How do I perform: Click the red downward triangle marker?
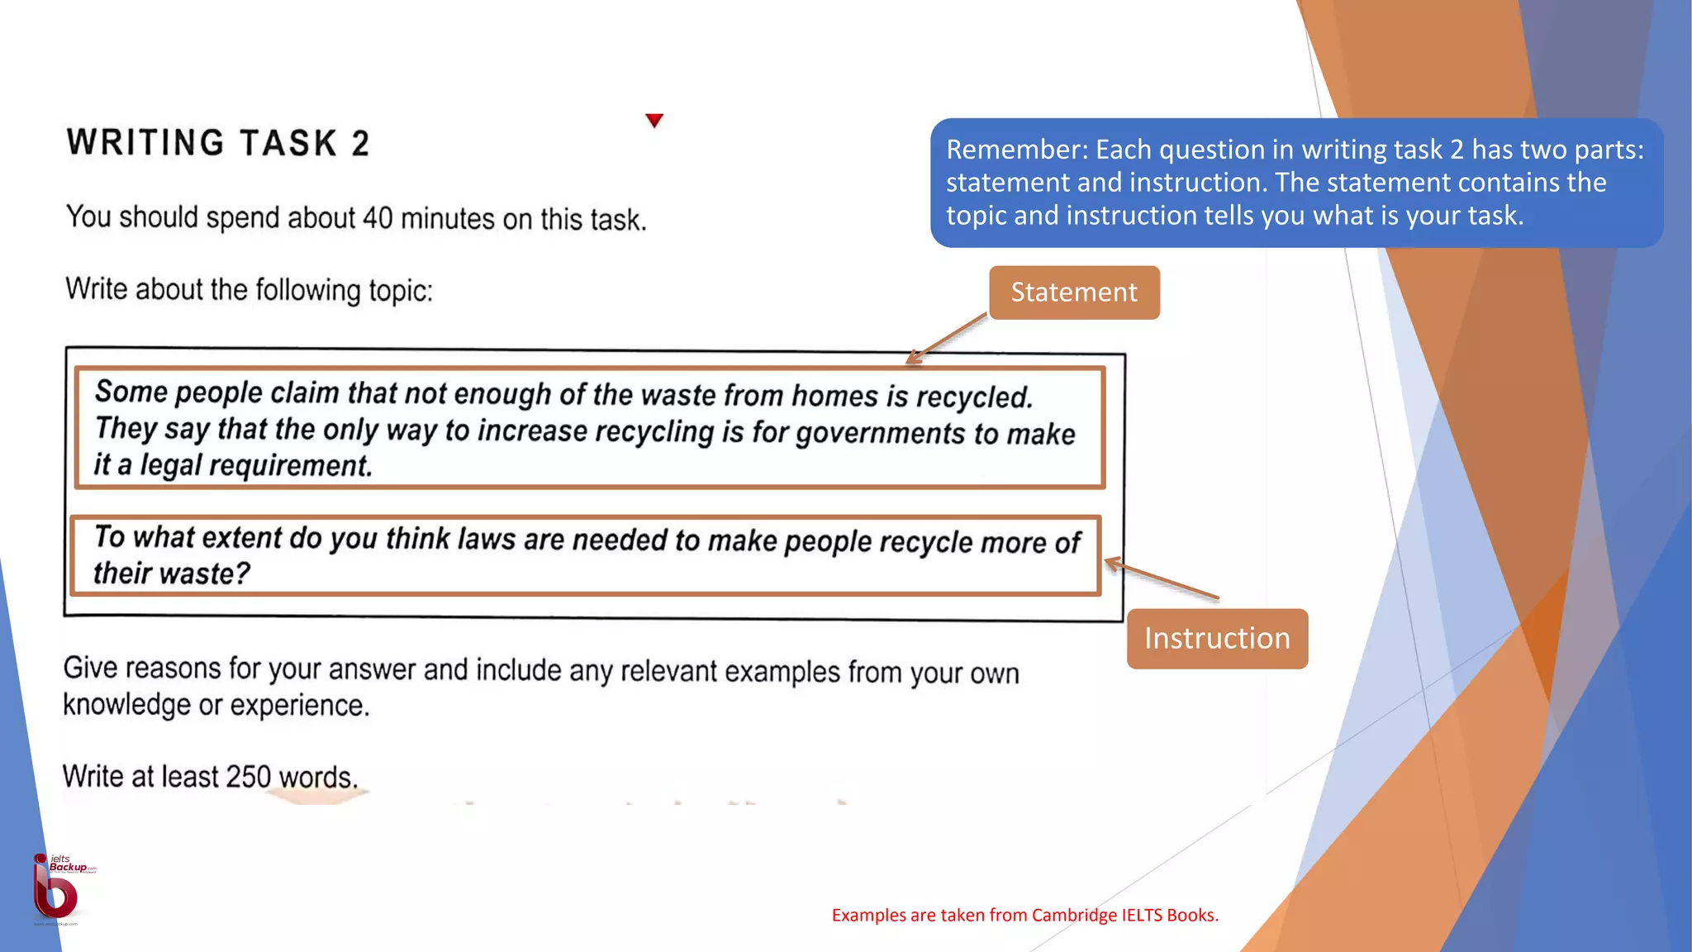click(x=654, y=121)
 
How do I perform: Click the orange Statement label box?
click(x=1074, y=293)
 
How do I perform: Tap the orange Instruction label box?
click(x=1217, y=639)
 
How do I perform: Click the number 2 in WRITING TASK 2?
click(x=360, y=144)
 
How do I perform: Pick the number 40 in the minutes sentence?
click(x=378, y=218)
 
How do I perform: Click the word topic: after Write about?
click(x=400, y=291)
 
